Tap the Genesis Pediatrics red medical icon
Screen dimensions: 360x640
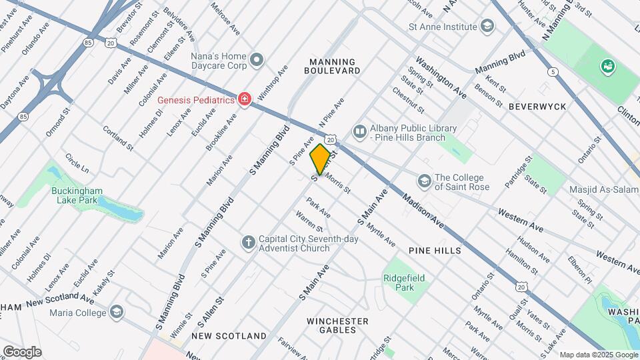[245, 100]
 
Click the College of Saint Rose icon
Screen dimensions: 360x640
[424, 181]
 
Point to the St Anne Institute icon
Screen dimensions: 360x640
[487, 27]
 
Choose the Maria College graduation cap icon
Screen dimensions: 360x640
[117, 312]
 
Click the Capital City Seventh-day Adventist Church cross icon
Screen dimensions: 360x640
[248, 243]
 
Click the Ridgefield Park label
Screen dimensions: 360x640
[404, 283]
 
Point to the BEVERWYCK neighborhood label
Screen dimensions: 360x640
[537, 107]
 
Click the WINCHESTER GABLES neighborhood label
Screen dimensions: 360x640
[337, 325]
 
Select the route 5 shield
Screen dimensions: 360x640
[553, 71]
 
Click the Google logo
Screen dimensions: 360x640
[22, 351]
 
